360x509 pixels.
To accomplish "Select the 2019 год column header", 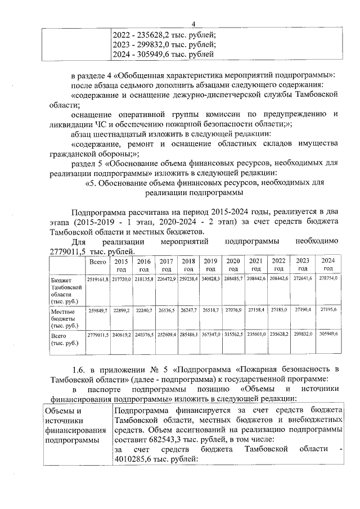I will point(210,264).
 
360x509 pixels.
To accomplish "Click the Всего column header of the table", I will point(98,262).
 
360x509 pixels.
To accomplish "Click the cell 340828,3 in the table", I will point(210,279).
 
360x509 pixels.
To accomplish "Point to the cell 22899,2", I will point(120,310).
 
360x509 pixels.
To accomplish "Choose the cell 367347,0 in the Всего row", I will point(210,334).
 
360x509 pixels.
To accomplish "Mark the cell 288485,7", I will point(233,279).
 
